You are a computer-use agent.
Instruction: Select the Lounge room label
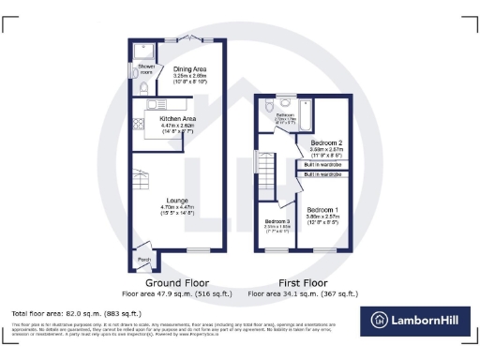[179, 200]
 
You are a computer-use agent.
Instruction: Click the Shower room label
[146, 68]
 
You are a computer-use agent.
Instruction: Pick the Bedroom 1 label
[322, 208]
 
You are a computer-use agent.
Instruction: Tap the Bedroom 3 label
[277, 220]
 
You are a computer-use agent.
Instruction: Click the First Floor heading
[302, 282]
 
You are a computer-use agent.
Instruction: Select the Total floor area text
[76, 312]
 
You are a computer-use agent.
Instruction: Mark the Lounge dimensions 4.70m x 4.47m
[179, 207]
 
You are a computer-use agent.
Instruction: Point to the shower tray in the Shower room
[144, 51]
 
